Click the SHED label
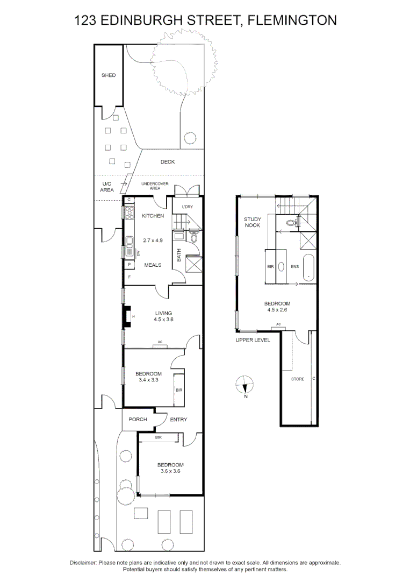click(x=109, y=75)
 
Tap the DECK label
click(x=168, y=162)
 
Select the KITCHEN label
click(x=153, y=216)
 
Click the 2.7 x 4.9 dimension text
click(x=153, y=240)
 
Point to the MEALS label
click(x=153, y=265)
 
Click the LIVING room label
click(x=163, y=313)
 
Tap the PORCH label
click(x=138, y=420)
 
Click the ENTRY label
click(x=178, y=420)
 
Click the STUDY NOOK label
click(x=252, y=222)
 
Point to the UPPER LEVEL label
click(x=253, y=341)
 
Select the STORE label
click(x=297, y=379)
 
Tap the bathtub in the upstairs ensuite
click(x=308, y=267)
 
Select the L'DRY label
click(x=188, y=207)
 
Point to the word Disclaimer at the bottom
click(x=83, y=563)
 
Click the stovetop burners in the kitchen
click(x=129, y=213)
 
